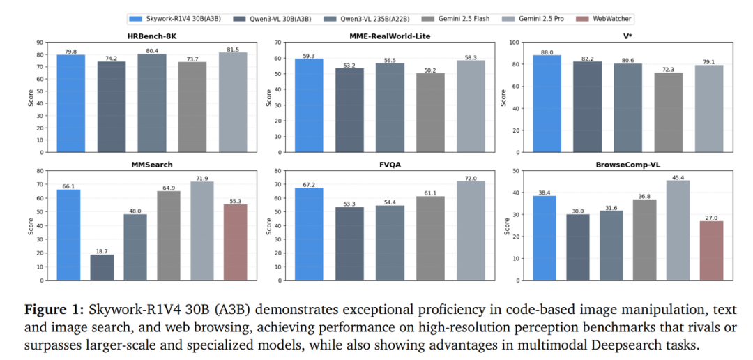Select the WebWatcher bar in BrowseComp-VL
710,250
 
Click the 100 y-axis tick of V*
513,43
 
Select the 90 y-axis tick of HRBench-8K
40,43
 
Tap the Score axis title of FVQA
269,225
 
